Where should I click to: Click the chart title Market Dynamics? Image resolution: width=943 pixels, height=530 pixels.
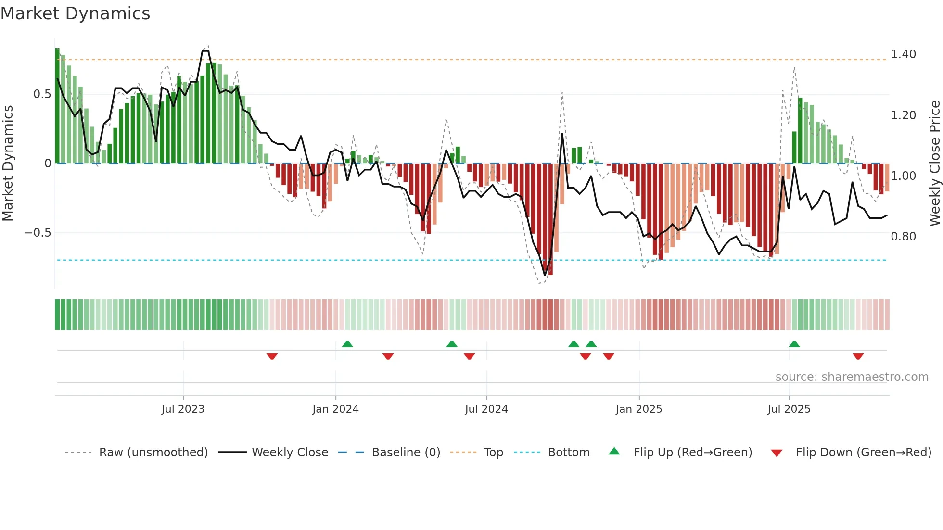[75, 13]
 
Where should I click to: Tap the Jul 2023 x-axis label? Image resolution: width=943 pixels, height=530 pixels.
[183, 409]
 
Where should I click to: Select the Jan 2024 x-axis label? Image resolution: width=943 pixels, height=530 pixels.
[335, 409]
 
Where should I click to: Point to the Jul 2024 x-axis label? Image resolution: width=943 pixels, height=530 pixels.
[486, 409]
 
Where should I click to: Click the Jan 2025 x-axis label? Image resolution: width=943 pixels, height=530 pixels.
[638, 409]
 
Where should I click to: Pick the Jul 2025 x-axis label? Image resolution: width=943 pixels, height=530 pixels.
[789, 409]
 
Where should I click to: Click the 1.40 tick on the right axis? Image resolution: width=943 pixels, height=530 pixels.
[903, 54]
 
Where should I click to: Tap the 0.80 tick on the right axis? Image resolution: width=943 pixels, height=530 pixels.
[903, 237]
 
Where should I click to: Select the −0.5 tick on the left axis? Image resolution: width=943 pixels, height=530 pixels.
[38, 233]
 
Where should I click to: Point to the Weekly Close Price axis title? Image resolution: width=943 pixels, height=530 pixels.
[934, 163]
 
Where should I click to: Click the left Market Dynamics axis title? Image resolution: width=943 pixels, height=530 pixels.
[8, 163]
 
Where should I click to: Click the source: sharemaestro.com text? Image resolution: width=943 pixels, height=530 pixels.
[852, 377]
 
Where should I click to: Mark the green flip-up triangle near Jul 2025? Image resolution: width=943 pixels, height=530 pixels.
[794, 344]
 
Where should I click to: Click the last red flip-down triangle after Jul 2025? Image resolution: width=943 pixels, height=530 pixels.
[858, 356]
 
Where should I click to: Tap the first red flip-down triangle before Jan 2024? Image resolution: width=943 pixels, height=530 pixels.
[272, 356]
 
